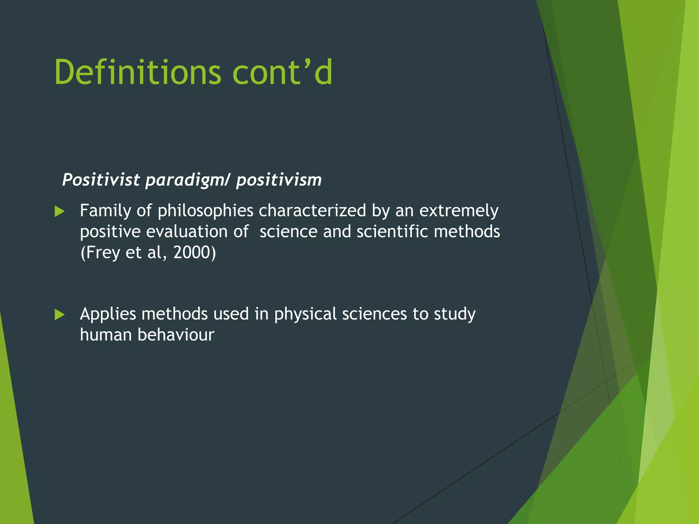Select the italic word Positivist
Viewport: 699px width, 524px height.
coord(101,180)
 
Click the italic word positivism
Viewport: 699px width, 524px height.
coord(279,180)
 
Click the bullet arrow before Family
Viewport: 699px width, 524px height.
coord(59,212)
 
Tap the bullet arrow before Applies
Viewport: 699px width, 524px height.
coord(59,315)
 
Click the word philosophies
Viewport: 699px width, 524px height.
coord(205,211)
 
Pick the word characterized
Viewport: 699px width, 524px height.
coord(312,210)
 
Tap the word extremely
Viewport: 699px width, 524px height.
coord(459,211)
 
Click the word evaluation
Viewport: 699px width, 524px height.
coord(187,232)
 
